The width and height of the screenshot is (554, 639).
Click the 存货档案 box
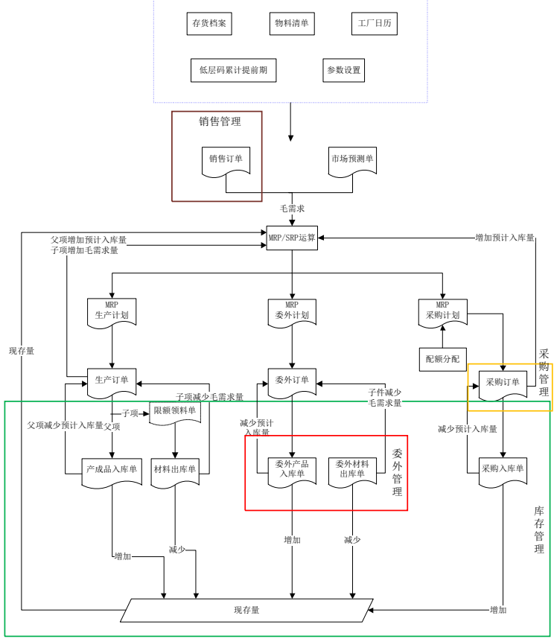pos(209,24)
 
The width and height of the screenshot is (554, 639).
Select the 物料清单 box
pos(291,24)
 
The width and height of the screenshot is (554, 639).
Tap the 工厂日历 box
pos(375,24)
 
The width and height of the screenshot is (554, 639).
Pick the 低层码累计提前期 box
pos(233,70)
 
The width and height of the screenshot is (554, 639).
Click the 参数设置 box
pos(343,70)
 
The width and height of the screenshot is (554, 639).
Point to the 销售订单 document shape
pos(226,159)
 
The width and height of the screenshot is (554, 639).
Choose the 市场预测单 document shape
pos(353,159)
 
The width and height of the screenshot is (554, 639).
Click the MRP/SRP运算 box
pos(292,238)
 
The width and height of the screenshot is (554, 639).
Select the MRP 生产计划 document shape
pos(112,311)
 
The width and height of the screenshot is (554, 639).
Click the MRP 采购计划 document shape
pos(442,311)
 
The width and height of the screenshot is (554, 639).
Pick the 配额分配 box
pos(442,359)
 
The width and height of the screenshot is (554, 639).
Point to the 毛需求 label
pos(292,209)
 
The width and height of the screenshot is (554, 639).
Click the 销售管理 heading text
pos(220,121)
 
